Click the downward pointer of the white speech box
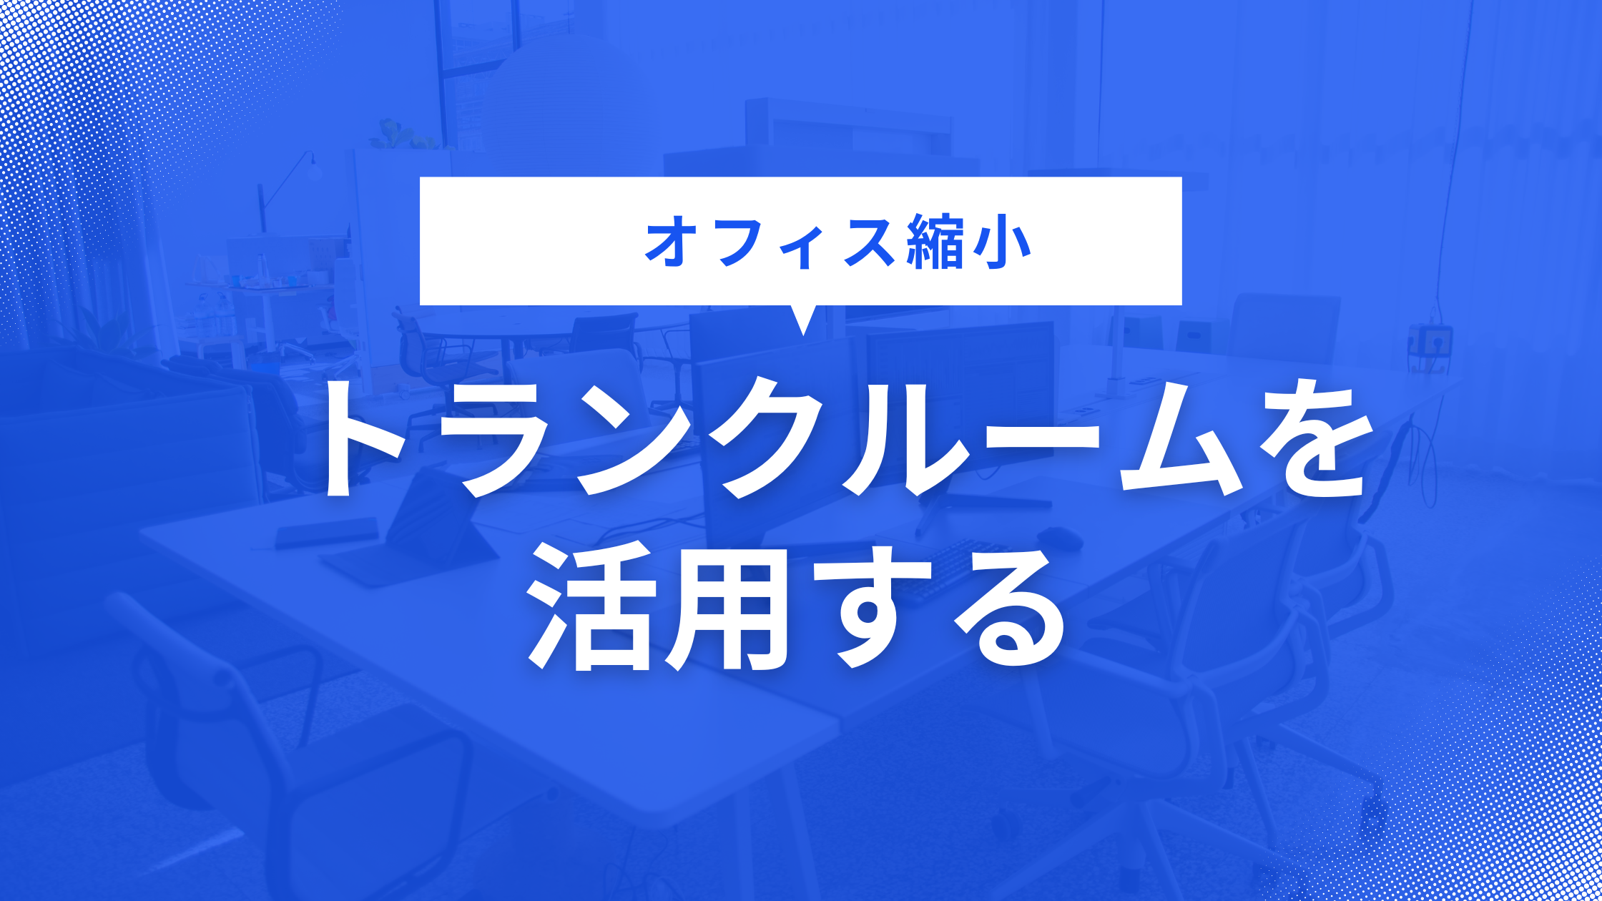803,319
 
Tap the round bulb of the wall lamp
313,171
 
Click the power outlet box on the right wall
1431,343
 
